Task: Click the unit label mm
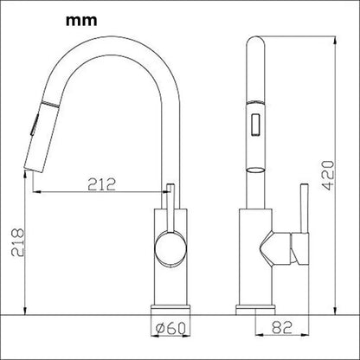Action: (x=81, y=21)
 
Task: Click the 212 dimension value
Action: (x=101, y=184)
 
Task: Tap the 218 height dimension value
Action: (x=17, y=242)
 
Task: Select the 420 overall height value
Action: (x=328, y=176)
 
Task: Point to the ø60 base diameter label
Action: (x=170, y=328)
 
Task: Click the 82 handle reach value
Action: (x=282, y=327)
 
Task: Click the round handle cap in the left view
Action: (x=170, y=248)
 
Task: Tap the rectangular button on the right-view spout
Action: (x=256, y=125)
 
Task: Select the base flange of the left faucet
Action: (x=170, y=309)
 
